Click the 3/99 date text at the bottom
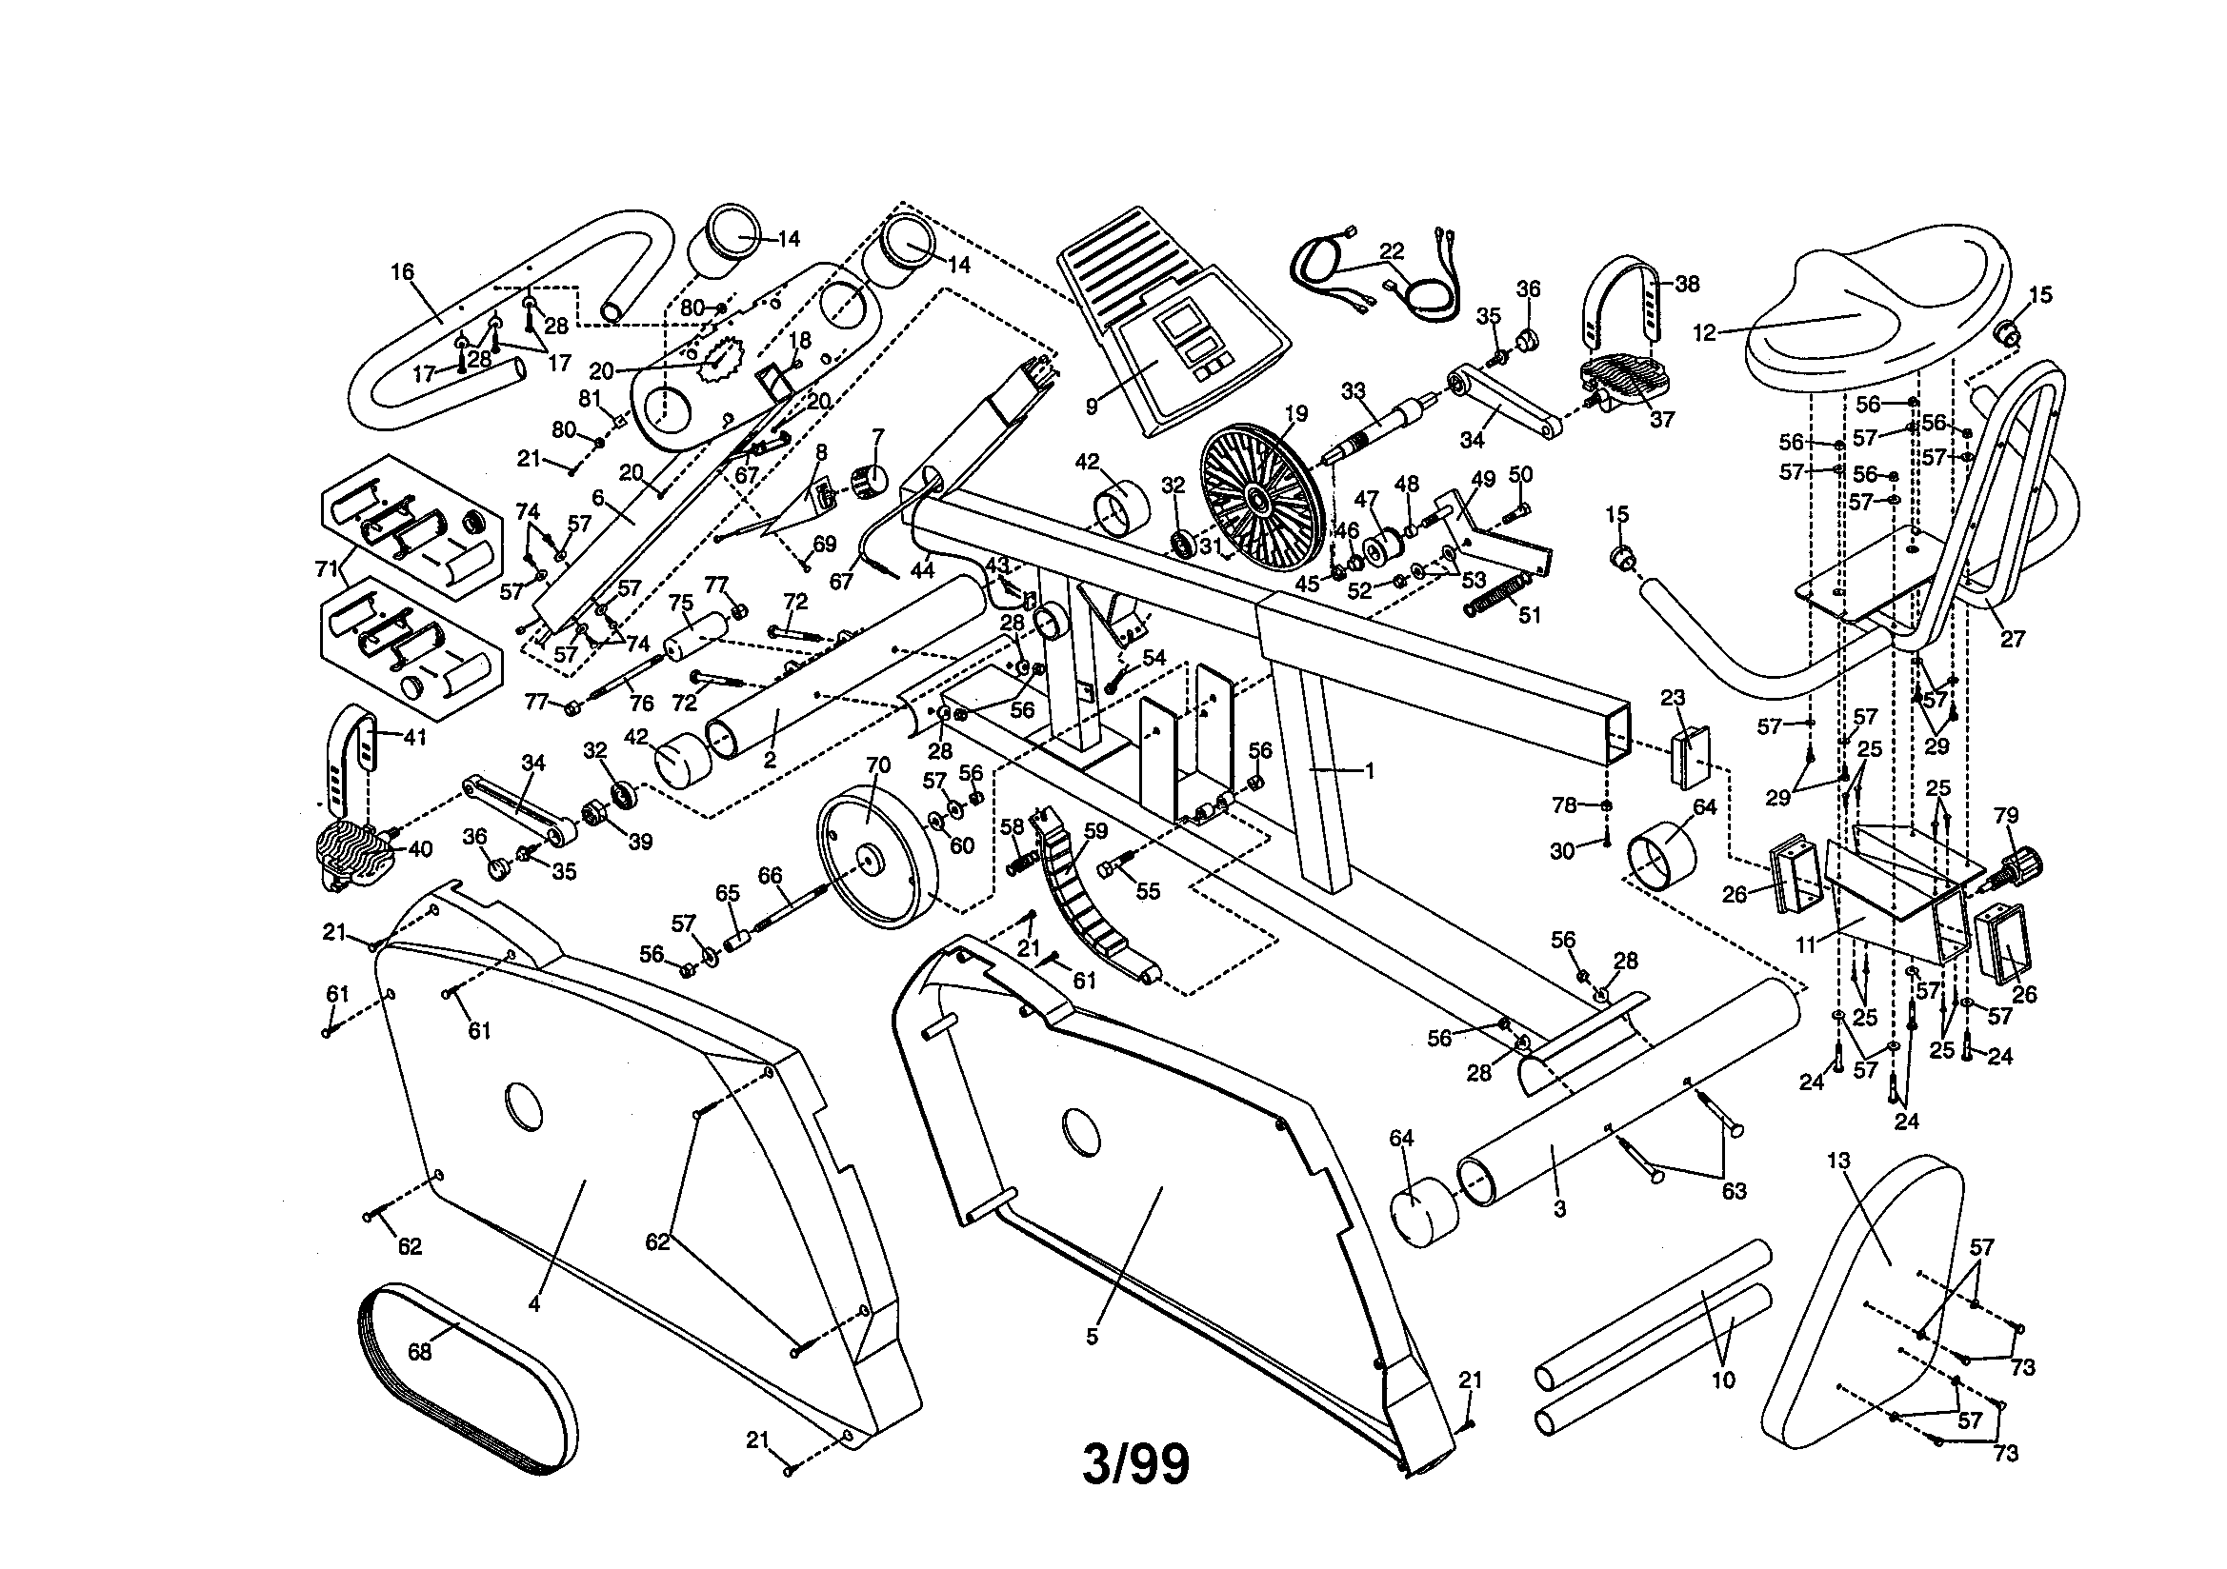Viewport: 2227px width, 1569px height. [x=1134, y=1465]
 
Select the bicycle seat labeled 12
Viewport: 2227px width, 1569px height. [x=1872, y=310]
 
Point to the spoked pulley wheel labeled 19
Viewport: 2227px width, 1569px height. [x=1261, y=501]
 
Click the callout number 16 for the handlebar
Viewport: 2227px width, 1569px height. [x=403, y=272]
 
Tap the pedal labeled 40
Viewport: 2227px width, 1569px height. [x=354, y=853]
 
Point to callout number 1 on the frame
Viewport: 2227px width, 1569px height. [x=1370, y=771]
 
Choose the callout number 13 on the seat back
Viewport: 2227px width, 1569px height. [x=1838, y=1161]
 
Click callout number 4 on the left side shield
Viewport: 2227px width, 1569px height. [x=534, y=1305]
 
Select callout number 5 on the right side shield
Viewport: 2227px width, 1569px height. [x=1093, y=1338]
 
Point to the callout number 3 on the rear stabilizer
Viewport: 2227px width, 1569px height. [x=1558, y=1209]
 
